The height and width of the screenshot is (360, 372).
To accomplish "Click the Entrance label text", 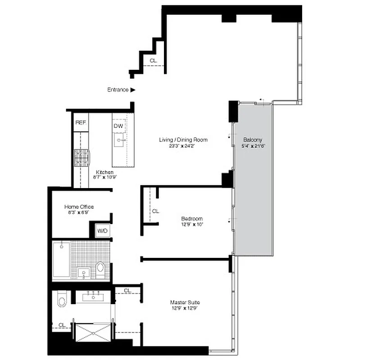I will pyautogui.click(x=118, y=90).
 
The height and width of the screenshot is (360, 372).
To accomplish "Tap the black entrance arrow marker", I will pyautogui.click(x=133, y=90).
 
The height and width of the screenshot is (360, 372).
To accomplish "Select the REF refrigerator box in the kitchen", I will pyautogui.click(x=81, y=122).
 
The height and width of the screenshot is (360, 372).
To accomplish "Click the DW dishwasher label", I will pyautogui.click(x=118, y=126).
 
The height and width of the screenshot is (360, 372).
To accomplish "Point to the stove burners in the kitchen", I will pyautogui.click(x=82, y=157).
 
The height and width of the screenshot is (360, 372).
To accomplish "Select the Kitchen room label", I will pyautogui.click(x=104, y=172).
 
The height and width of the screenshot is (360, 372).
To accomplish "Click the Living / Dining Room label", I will pyautogui.click(x=183, y=139).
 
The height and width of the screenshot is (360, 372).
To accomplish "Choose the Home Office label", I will pyautogui.click(x=79, y=207).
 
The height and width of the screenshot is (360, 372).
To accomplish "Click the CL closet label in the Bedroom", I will pyautogui.click(x=155, y=211).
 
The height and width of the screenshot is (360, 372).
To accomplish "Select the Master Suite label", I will pyautogui.click(x=185, y=302).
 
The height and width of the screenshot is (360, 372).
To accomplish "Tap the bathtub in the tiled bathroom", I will pyautogui.click(x=61, y=260).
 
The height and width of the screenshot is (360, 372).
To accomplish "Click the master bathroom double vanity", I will pyautogui.click(x=93, y=296).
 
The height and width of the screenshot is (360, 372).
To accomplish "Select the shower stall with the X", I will pyautogui.click(x=92, y=333).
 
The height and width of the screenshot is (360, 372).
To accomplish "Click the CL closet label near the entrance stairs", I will pyautogui.click(x=153, y=60).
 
